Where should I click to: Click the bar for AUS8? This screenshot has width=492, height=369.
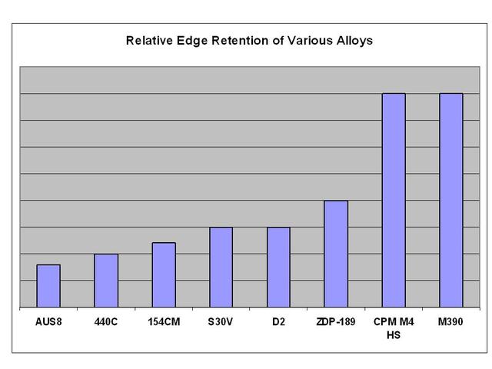48,286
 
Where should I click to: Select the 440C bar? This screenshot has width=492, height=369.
106,281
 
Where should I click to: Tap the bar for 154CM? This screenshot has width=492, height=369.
164,275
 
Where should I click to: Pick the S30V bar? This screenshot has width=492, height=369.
221,268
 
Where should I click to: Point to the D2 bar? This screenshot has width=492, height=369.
278,268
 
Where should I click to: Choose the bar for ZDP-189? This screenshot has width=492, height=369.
336,254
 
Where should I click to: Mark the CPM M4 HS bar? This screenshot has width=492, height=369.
394,200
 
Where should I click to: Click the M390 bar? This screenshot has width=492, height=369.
451,200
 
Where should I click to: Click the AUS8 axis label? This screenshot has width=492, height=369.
48,322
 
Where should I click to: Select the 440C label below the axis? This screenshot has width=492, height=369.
106,322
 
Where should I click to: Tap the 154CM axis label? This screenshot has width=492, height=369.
164,322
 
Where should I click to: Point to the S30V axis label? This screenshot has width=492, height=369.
221,322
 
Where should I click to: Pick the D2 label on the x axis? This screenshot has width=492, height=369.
278,322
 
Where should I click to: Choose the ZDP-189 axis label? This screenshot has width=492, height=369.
336,322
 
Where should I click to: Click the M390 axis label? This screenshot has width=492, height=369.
450,322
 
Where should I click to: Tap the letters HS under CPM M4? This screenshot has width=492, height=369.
394,335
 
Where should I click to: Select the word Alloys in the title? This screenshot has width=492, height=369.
354,41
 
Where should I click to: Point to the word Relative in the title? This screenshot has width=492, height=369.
149,41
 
